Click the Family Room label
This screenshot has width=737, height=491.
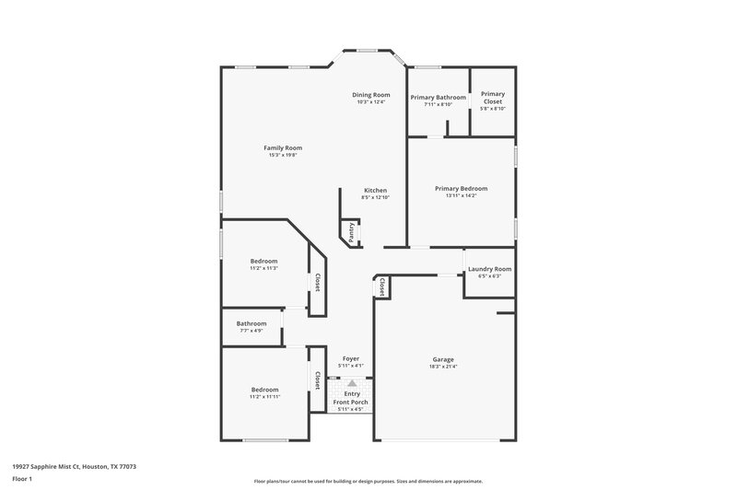tap(283, 147)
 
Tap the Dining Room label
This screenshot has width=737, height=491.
tap(372, 94)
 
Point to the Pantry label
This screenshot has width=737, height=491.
tap(351, 230)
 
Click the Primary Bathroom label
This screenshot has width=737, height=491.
tap(438, 97)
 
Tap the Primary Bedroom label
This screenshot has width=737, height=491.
tap(461, 188)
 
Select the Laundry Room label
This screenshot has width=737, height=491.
tap(489, 268)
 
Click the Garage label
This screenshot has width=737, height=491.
tap(443, 359)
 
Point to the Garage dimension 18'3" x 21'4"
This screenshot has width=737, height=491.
tap(443, 367)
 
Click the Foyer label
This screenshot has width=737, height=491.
tap(351, 358)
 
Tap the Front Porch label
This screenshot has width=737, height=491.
tap(351, 403)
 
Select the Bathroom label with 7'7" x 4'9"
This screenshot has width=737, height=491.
tap(252, 323)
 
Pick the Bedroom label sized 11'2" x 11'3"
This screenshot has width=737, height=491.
tap(263, 261)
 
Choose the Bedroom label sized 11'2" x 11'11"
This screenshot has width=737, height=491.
tap(263, 390)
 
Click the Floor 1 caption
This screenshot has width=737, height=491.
tap(22, 480)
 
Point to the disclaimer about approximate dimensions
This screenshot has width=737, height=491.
tap(368, 481)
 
